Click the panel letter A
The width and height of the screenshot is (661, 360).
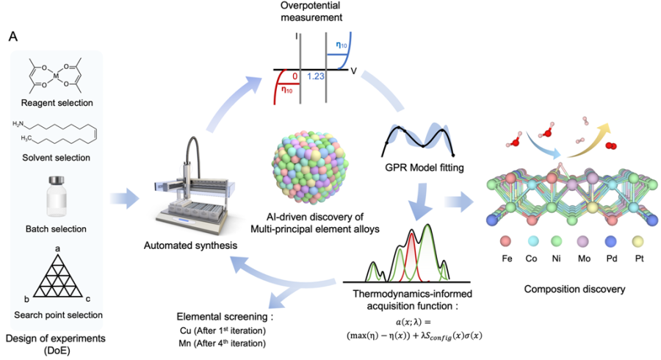coord(13,37)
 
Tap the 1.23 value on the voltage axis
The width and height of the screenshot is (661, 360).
coord(314,76)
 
